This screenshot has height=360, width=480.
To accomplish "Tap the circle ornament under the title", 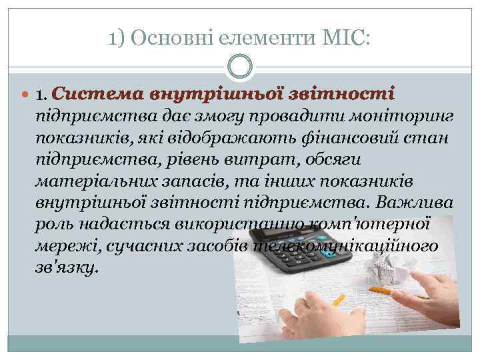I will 240,68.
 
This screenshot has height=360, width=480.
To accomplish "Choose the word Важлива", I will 415,203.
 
